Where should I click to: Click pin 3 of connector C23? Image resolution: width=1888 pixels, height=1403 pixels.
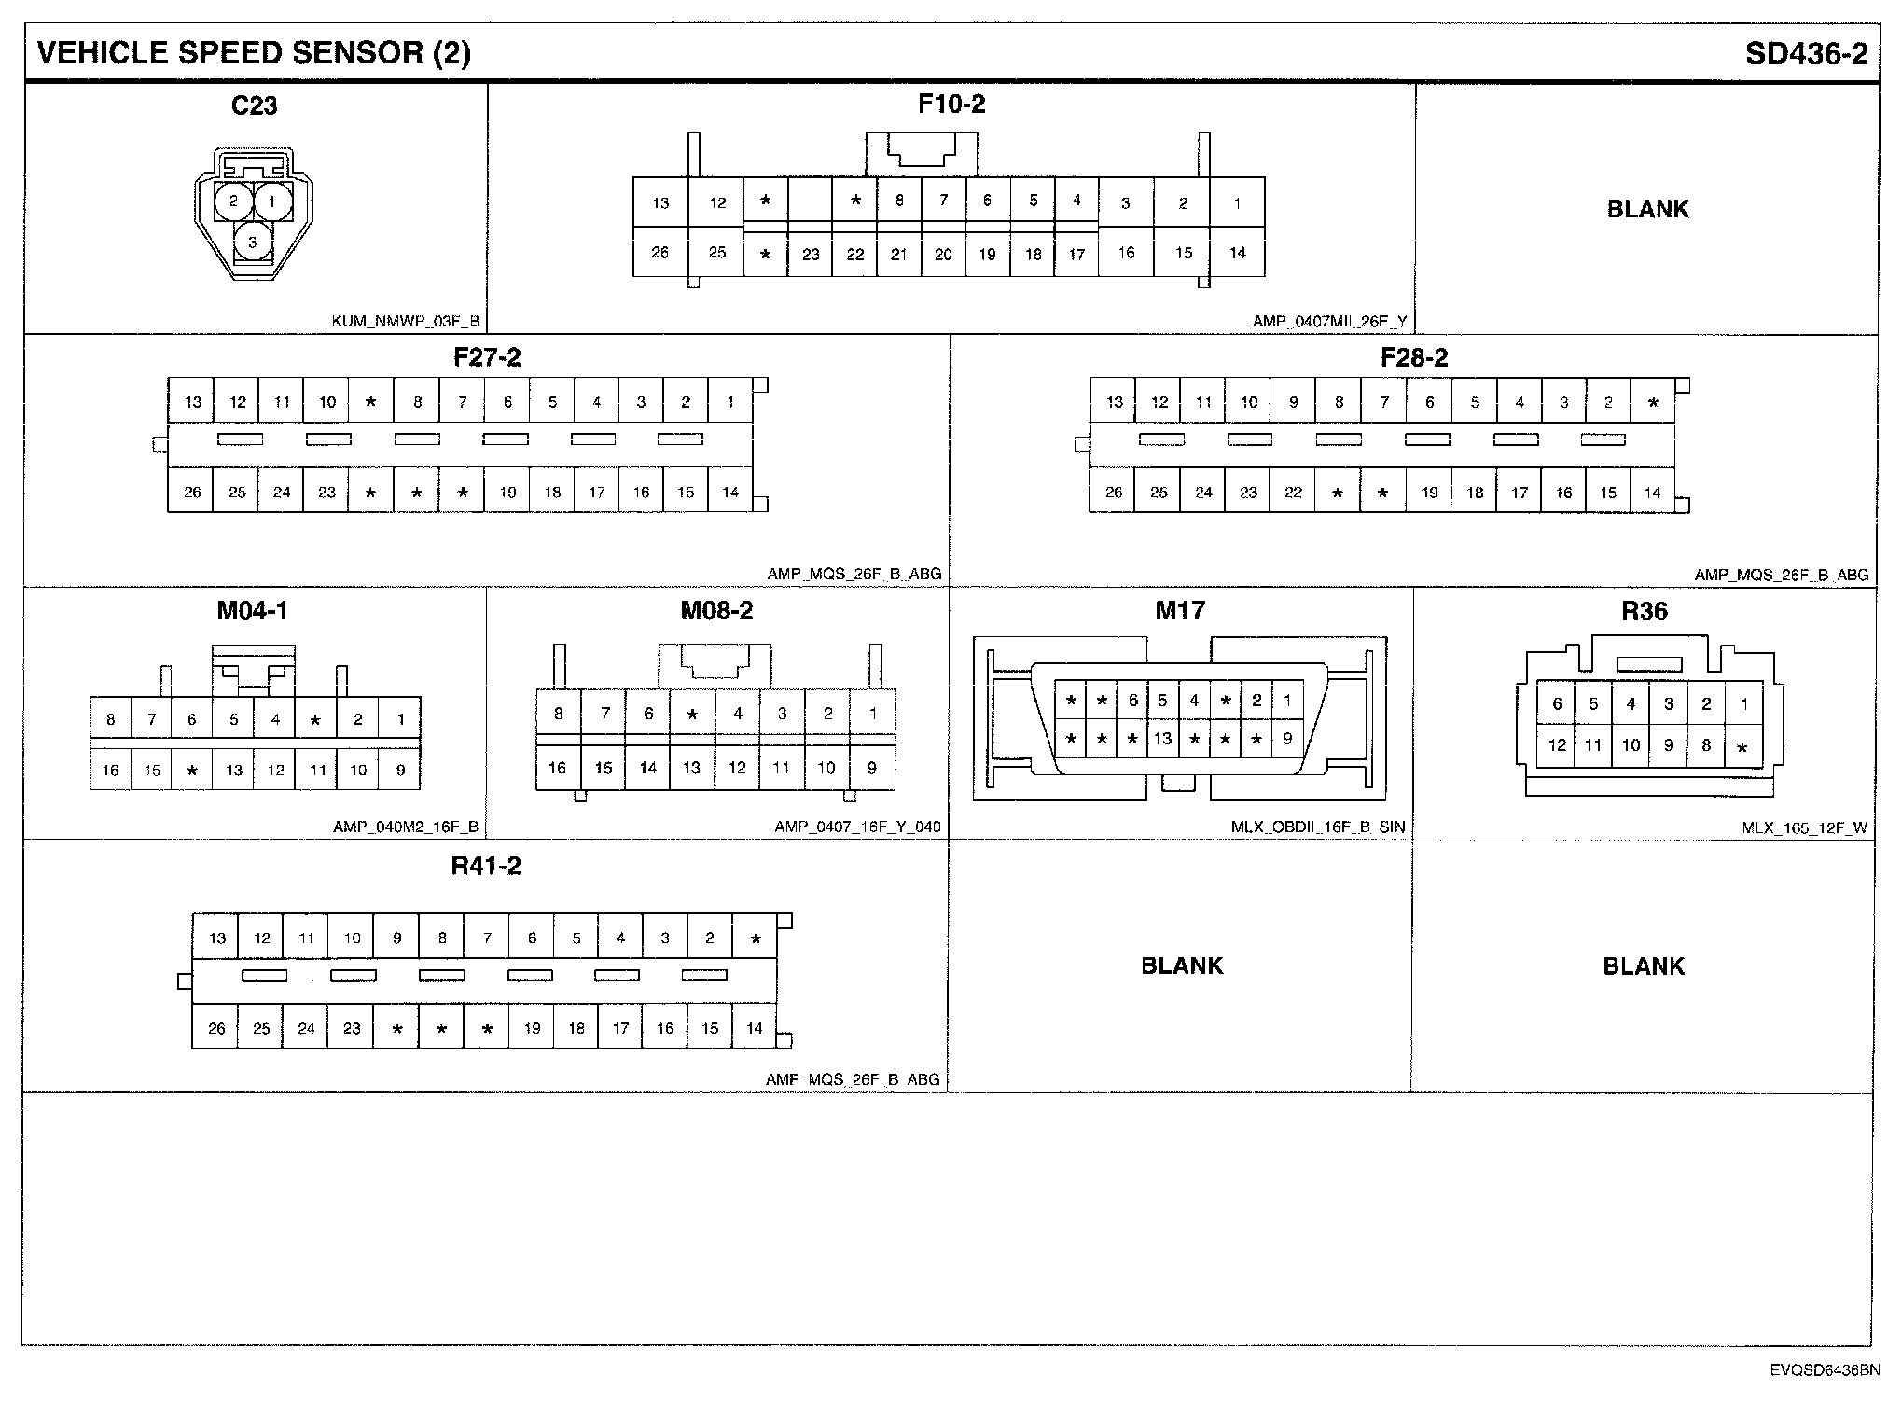pos(252,242)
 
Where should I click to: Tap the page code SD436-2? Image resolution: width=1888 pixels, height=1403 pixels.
pos(1806,54)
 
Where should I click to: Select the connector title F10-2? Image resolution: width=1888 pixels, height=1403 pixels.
pos(951,104)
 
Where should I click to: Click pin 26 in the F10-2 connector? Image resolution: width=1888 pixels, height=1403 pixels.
pos(660,252)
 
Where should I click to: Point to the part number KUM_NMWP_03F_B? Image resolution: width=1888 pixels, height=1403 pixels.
pos(406,322)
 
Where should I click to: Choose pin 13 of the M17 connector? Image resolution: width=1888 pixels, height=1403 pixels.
pos(1162,739)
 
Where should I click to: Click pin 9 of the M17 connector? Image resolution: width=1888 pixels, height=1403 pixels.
pos(1287,739)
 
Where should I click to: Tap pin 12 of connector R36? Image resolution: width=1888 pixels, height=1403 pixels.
pos(1557,744)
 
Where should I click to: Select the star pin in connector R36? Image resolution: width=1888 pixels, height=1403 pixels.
pos(1742,747)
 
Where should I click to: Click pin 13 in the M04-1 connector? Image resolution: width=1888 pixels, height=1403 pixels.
pos(233,770)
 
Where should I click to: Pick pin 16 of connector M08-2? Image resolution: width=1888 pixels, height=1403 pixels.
pos(558,768)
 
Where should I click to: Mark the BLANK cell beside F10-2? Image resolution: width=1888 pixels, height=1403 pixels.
pos(1647,209)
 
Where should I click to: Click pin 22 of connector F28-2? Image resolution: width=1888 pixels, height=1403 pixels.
pos(1293,493)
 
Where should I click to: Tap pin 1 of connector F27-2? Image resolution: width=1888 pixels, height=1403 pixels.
pos(730,402)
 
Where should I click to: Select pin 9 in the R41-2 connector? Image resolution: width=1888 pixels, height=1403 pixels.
pos(396,938)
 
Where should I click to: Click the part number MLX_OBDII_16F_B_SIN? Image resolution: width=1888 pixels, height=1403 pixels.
pos(1317,827)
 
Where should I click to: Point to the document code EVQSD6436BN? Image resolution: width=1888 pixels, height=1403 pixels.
pos(1825,1370)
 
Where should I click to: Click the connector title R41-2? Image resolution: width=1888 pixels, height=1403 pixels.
pos(486,866)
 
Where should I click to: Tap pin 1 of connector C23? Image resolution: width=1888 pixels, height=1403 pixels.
pos(271,200)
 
